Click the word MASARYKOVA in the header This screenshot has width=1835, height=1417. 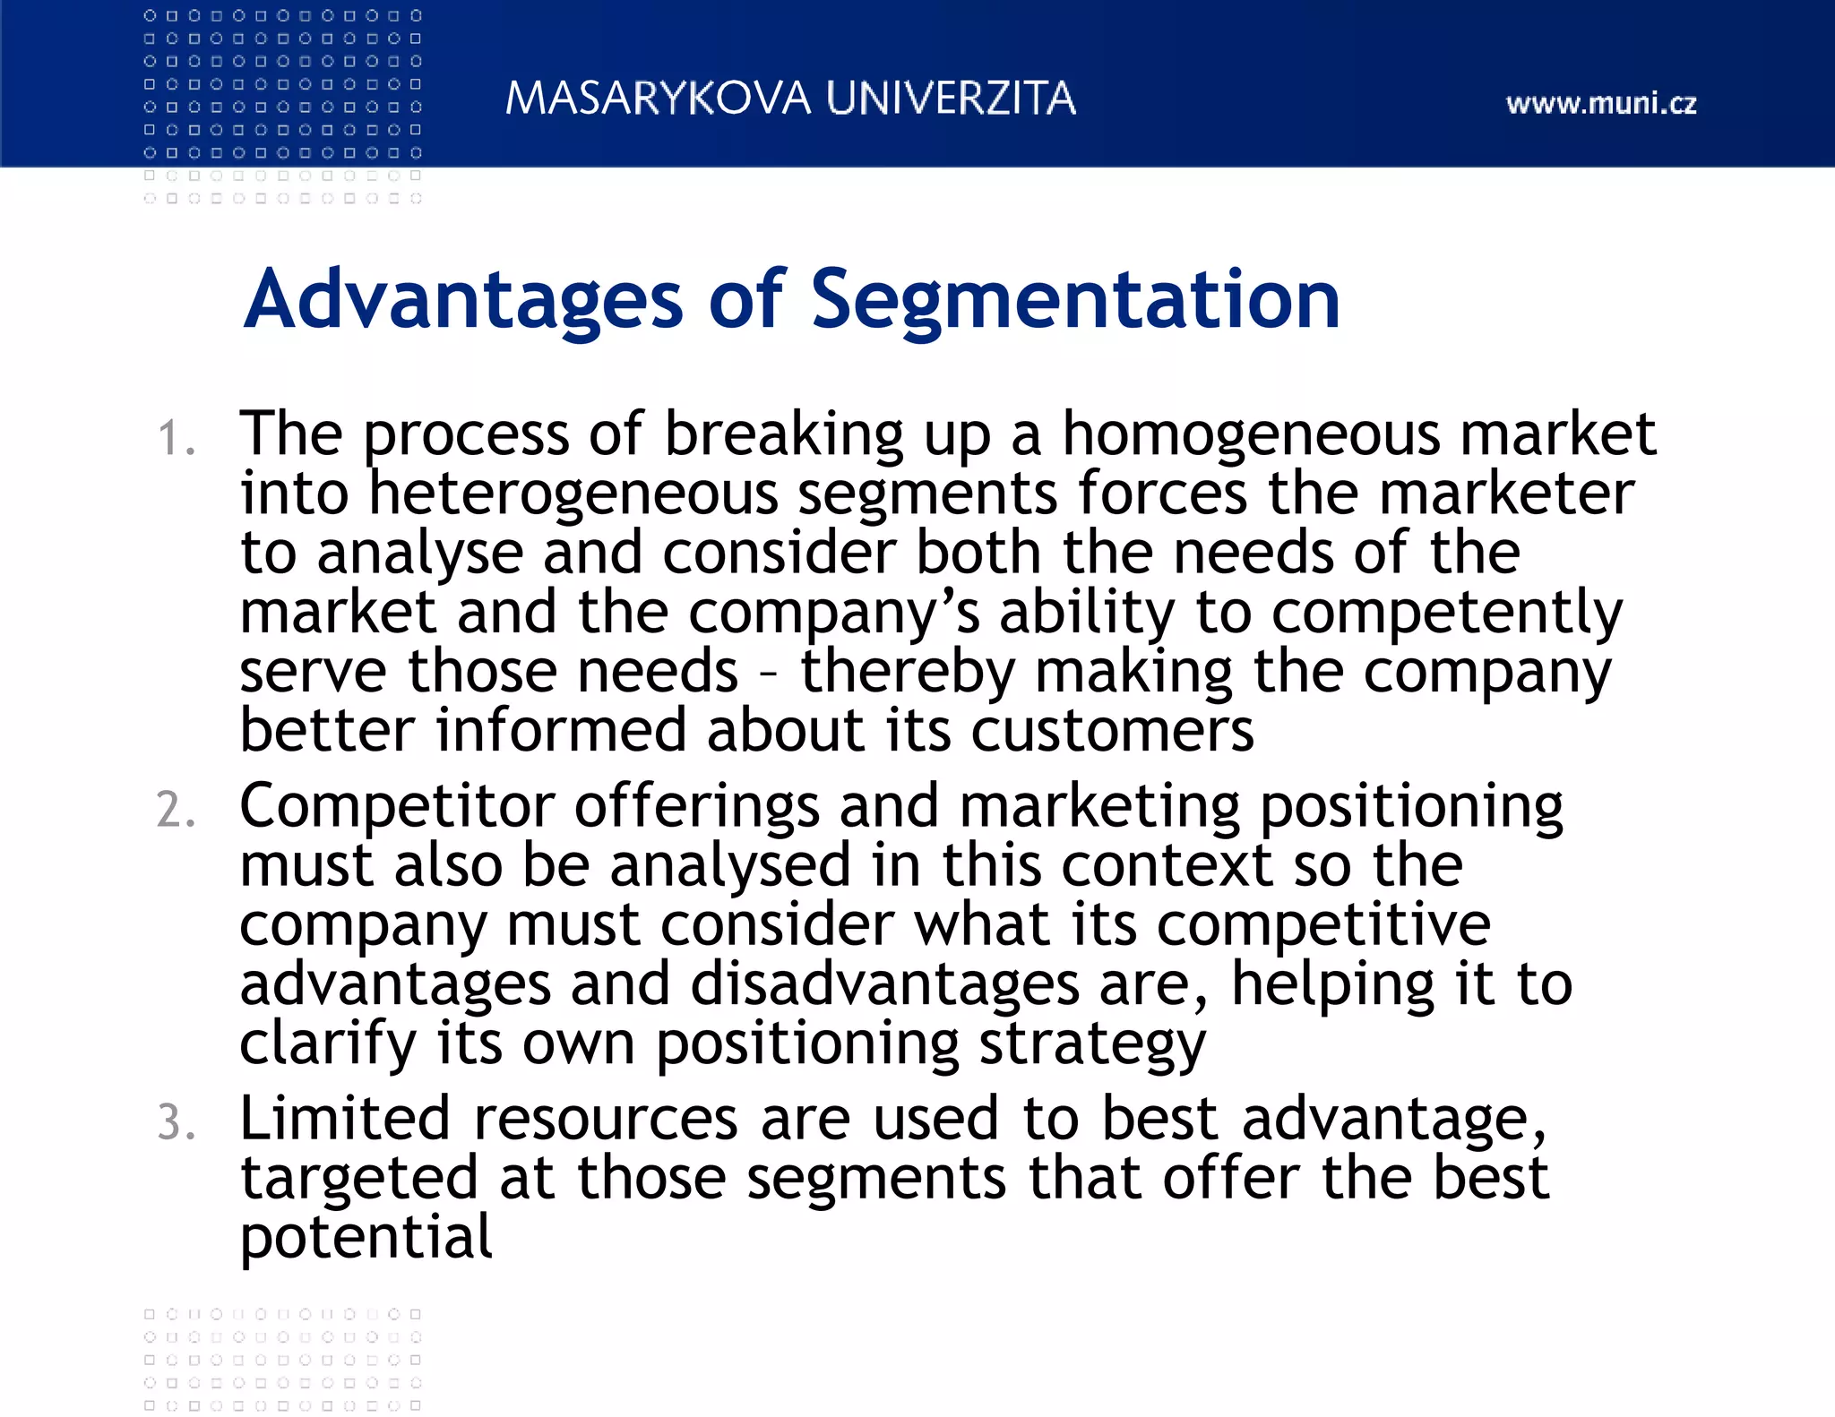click(x=658, y=99)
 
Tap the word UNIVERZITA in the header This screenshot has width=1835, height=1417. click(x=951, y=99)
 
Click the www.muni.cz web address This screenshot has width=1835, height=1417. click(x=1601, y=104)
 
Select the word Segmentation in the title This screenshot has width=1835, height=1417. click(x=1075, y=300)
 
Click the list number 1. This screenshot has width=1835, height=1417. click(x=175, y=439)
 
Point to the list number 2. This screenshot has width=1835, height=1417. click(x=175, y=811)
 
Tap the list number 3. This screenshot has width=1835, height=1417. click(x=175, y=1123)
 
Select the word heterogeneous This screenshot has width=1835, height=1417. click(x=573, y=494)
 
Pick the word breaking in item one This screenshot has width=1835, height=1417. click(x=783, y=435)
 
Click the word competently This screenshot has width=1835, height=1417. click(x=1446, y=614)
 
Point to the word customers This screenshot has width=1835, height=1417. click(x=1112, y=731)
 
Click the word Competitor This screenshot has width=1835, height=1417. click(x=397, y=807)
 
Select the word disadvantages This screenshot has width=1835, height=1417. click(x=884, y=984)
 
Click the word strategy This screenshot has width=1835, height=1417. click(x=1092, y=1045)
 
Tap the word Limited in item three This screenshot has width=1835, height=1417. click(x=345, y=1120)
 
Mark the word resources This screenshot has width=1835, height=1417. click(x=606, y=1120)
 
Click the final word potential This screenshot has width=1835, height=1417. click(x=366, y=1239)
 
